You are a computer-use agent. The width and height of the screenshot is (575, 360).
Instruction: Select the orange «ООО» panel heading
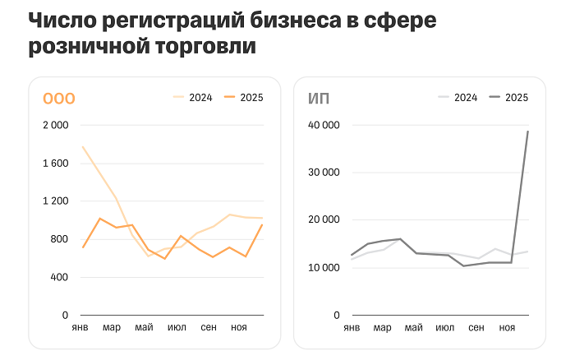coord(59,99)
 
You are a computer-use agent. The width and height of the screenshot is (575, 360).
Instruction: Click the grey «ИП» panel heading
coord(319,99)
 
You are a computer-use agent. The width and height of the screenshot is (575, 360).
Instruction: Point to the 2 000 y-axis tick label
coord(55,125)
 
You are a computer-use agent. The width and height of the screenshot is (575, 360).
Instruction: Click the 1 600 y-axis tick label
coord(55,164)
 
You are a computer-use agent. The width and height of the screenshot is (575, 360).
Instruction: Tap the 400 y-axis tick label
coord(59,277)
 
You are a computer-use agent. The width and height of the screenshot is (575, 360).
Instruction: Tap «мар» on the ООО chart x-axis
coord(112,328)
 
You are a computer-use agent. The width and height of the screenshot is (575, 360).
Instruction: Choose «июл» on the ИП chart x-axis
coord(444,328)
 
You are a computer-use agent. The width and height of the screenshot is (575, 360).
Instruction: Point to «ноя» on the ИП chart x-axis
coord(507,328)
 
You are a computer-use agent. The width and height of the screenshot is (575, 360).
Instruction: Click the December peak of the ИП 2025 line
coord(527,132)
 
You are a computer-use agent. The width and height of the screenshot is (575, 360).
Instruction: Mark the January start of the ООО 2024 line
coord(83,147)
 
